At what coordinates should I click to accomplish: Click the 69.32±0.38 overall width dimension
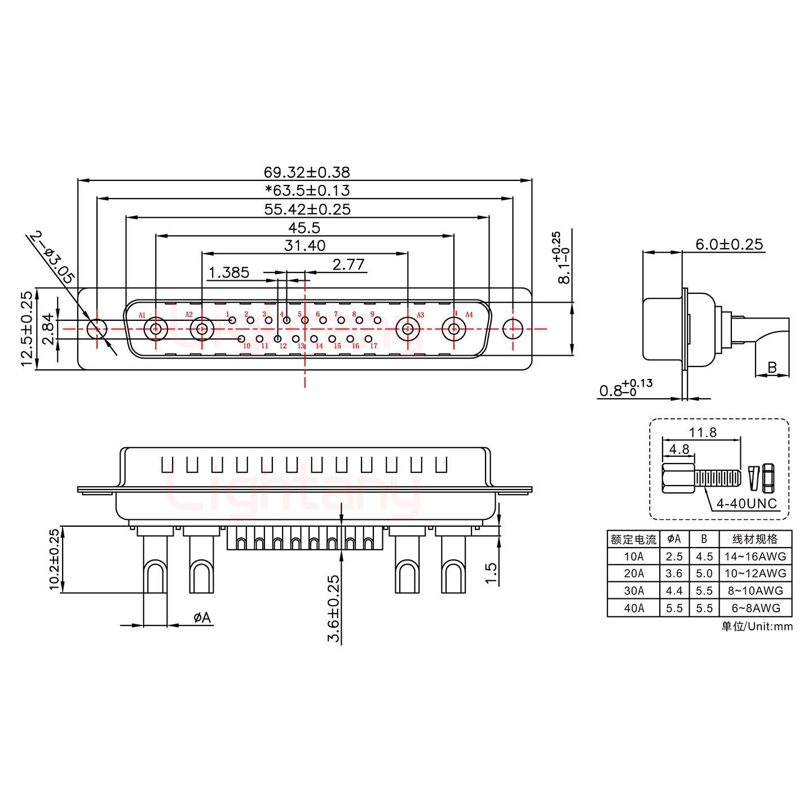click(307, 172)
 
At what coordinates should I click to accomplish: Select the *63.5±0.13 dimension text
click(307, 191)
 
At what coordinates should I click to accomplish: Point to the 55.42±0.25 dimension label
click(307, 209)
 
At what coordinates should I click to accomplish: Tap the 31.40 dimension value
click(304, 246)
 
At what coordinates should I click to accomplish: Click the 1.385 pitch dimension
click(229, 273)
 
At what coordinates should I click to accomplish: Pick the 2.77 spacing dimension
click(348, 264)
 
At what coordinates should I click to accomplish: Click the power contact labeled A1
click(155, 329)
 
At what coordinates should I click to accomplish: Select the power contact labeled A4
click(454, 329)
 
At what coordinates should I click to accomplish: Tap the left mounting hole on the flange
click(97, 329)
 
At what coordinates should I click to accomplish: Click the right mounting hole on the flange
click(513, 329)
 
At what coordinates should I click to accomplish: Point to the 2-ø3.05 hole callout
click(52, 257)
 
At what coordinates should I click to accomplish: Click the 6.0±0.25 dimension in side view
click(729, 244)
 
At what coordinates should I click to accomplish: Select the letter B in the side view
click(772, 368)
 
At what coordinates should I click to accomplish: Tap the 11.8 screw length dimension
click(703, 433)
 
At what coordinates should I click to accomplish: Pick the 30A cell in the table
click(633, 590)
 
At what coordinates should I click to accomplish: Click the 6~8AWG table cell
click(755, 608)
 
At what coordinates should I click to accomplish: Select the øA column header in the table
click(674, 539)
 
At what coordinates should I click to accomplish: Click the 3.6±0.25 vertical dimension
click(334, 608)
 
